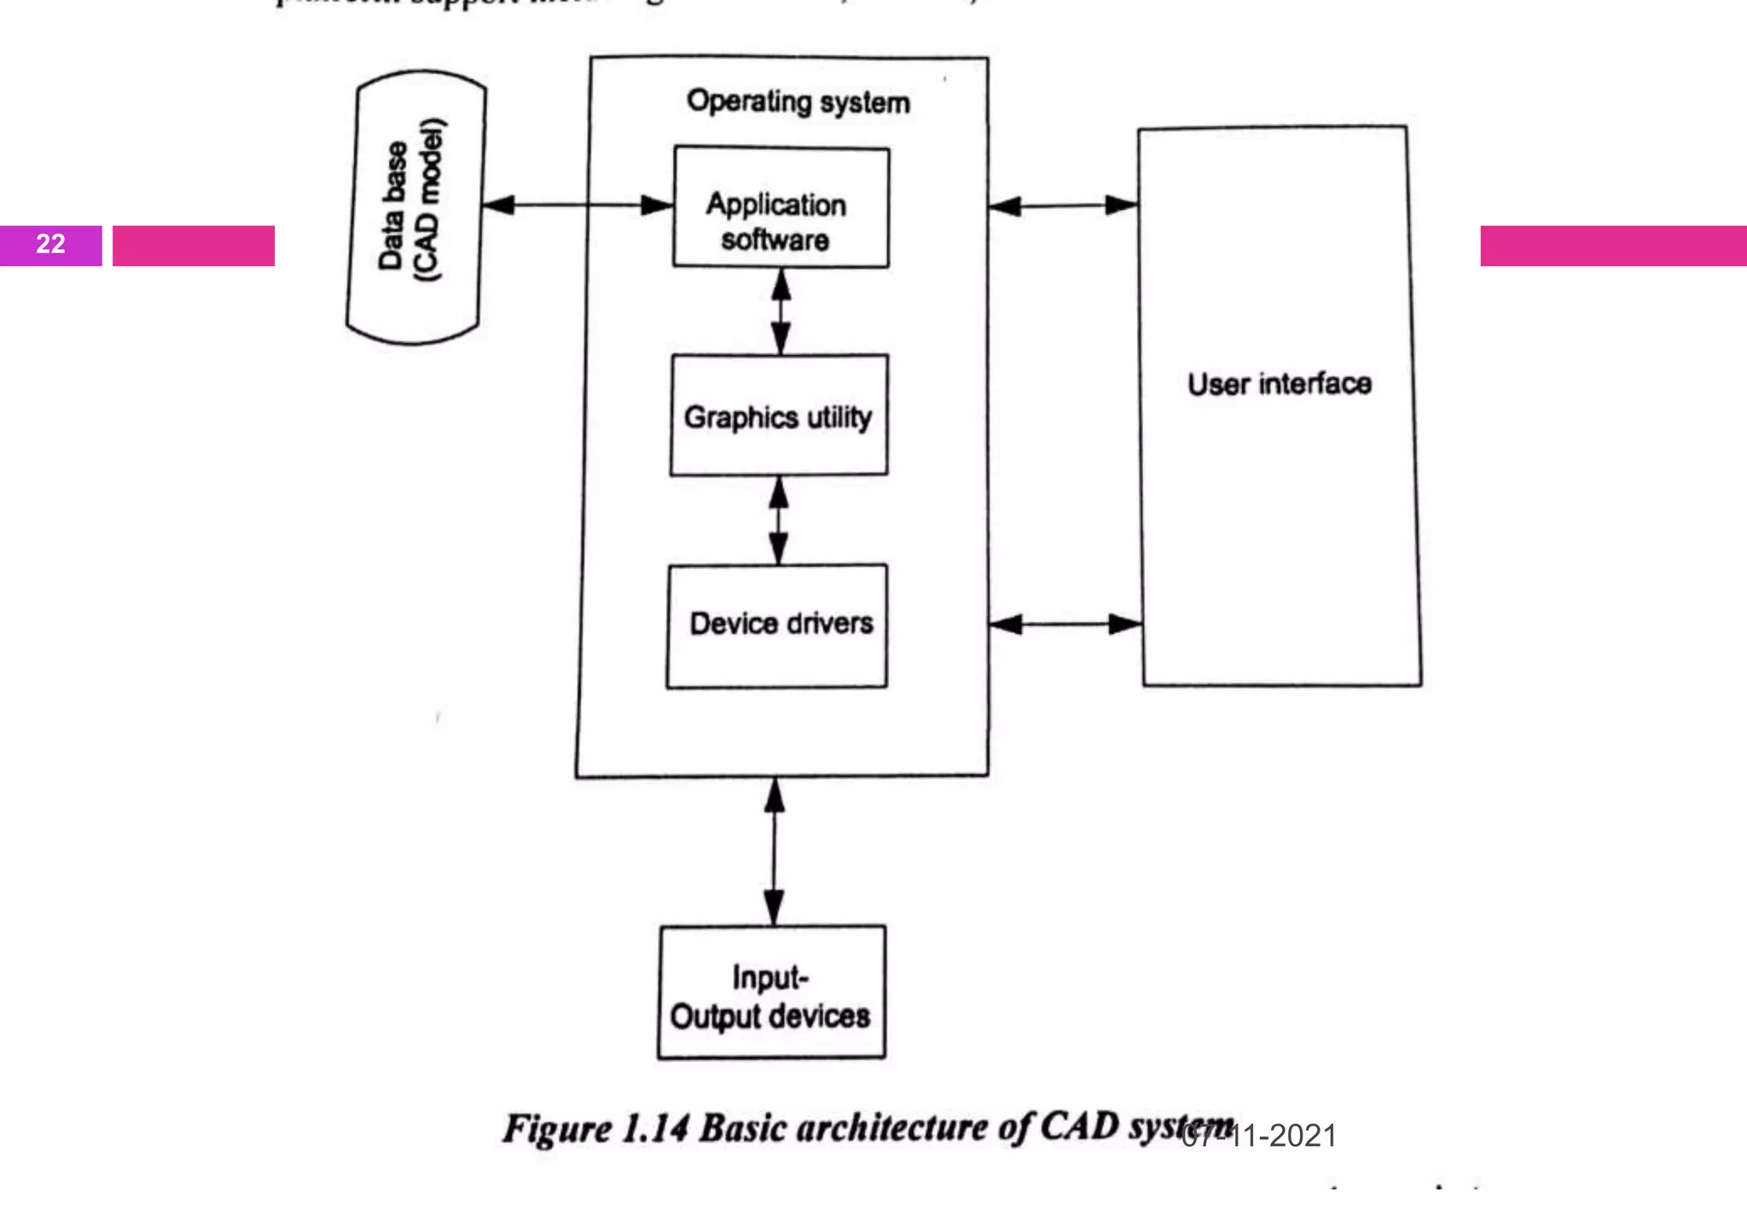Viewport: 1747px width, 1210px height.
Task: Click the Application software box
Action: pos(781,207)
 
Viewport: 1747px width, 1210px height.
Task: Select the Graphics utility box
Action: pos(778,416)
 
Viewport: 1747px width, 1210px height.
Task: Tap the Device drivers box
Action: pos(777,625)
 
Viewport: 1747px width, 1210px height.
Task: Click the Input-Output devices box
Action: pos(771,992)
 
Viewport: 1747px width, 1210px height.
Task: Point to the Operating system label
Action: pos(798,102)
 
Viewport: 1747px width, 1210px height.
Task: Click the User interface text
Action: pos(1280,384)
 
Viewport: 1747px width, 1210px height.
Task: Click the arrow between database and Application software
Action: pos(577,205)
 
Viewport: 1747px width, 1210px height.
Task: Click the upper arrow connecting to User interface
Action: pos(1064,206)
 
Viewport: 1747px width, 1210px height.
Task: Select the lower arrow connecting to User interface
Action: pos(1065,625)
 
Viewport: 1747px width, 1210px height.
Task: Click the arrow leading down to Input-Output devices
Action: pos(774,852)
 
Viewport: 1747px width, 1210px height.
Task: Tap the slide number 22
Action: pos(50,245)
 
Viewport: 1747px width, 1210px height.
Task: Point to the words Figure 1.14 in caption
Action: pos(595,1129)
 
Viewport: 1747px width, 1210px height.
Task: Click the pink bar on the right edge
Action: pos(1612,246)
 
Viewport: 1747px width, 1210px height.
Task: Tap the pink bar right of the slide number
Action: pos(194,246)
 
